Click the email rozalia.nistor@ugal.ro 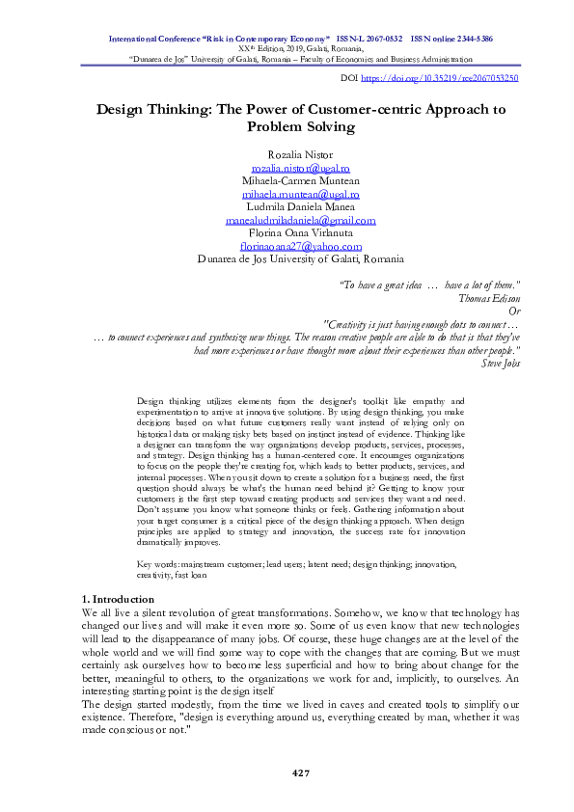(x=300, y=167)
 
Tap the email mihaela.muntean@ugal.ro (x=300, y=194)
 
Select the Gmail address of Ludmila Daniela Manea (x=300, y=220)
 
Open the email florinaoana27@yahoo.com (x=300, y=246)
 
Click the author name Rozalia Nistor (x=300, y=154)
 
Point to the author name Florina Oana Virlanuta (x=300, y=233)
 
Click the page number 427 (x=300, y=773)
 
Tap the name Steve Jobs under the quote (x=499, y=364)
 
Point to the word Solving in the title (x=325, y=126)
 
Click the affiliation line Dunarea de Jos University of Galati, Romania (x=300, y=259)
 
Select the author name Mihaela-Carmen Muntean (x=300, y=180)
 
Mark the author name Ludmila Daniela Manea (x=300, y=207)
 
